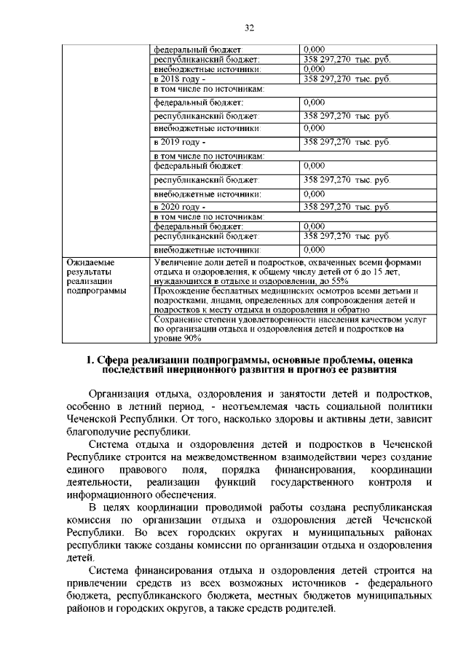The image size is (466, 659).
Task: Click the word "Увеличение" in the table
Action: coord(178,261)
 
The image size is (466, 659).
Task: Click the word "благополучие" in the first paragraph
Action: coord(103,431)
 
